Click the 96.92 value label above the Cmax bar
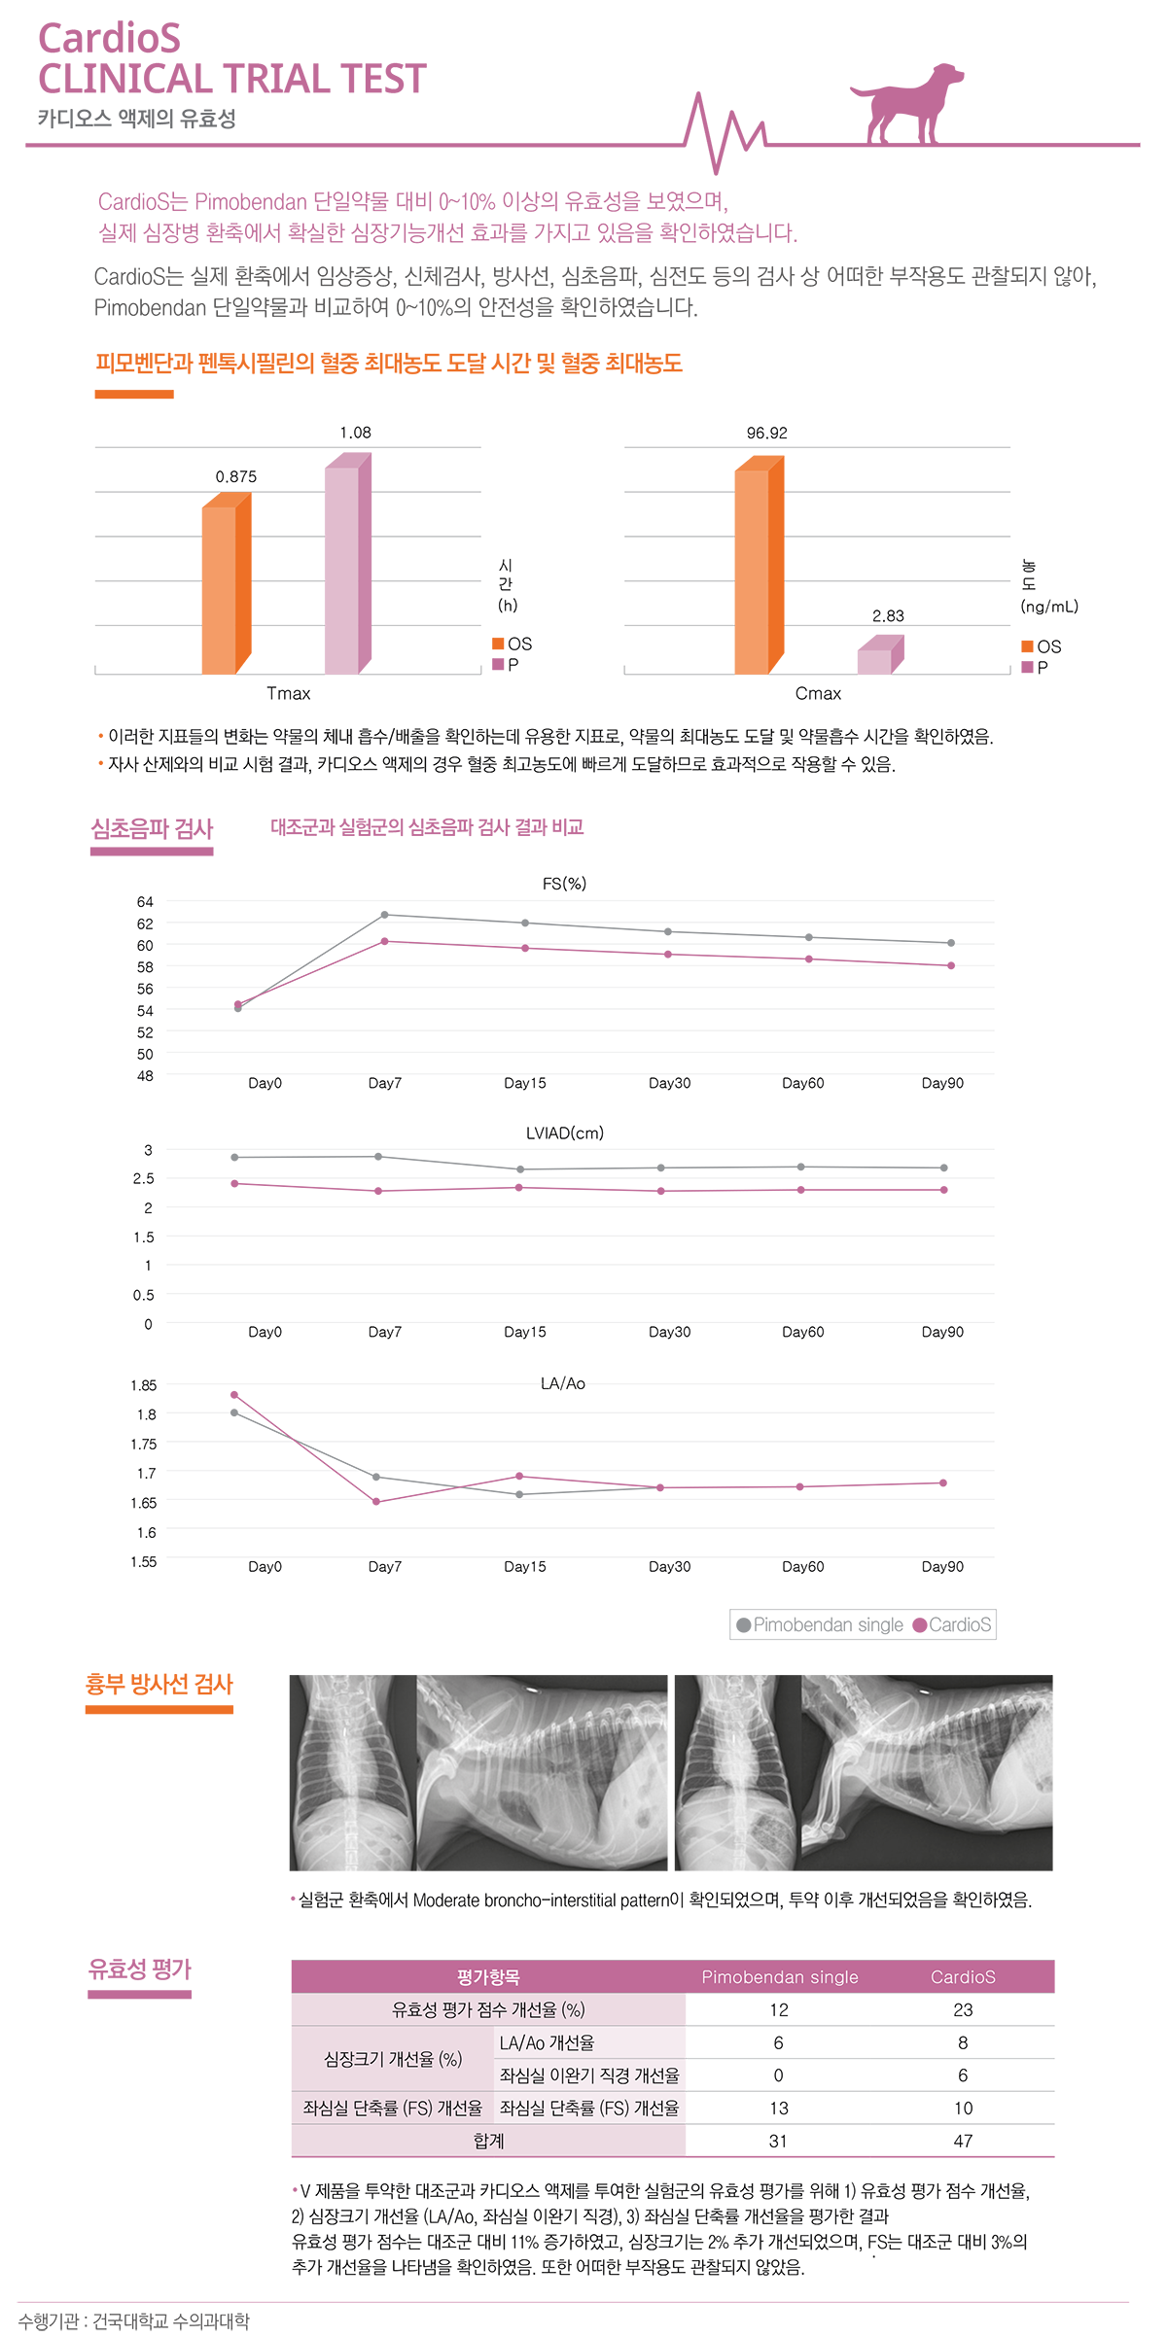(766, 434)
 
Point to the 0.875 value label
(236, 476)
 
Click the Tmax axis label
(289, 693)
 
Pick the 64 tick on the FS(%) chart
(145, 902)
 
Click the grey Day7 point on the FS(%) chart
(385, 915)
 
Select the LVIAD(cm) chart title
(565, 1133)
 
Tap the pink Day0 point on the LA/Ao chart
(234, 1395)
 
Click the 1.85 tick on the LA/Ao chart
(143, 1385)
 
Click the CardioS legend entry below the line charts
(953, 1624)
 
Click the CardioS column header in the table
(963, 1976)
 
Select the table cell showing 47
(963, 2141)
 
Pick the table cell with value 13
(779, 2108)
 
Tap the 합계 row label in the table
(488, 2141)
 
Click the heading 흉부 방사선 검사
(159, 1685)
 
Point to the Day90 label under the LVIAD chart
(942, 1332)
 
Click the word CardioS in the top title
(109, 39)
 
